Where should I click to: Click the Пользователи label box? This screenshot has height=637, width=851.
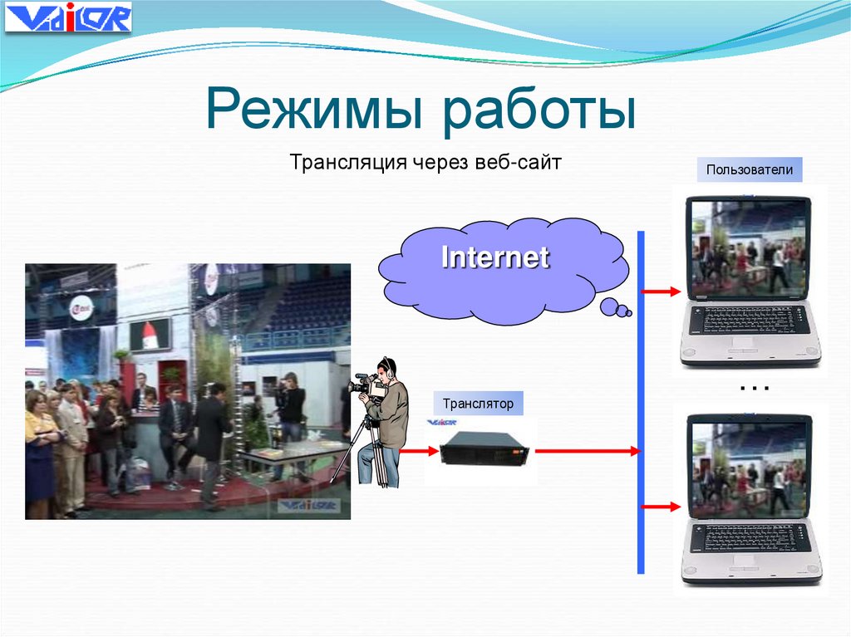tap(750, 171)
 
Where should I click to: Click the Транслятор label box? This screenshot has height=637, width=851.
tap(478, 404)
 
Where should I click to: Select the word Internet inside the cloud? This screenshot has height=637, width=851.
tap(495, 257)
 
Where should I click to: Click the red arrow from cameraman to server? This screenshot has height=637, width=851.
tap(419, 451)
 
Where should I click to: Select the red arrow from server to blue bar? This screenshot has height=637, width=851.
tap(587, 451)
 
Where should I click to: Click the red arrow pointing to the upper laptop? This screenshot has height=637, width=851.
tap(662, 292)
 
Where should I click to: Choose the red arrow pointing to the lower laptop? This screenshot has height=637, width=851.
tap(662, 505)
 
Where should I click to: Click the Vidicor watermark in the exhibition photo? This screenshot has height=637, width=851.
tap(307, 504)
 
